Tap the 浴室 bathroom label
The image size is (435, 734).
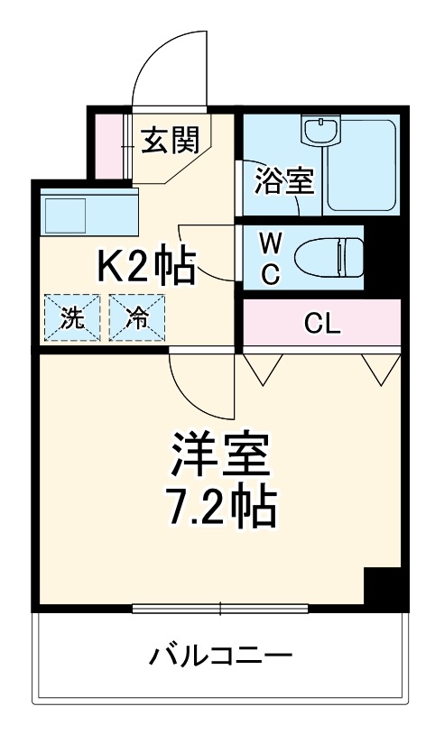[283, 179]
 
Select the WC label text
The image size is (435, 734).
[270, 257]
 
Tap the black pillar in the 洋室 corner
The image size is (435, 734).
[382, 587]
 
